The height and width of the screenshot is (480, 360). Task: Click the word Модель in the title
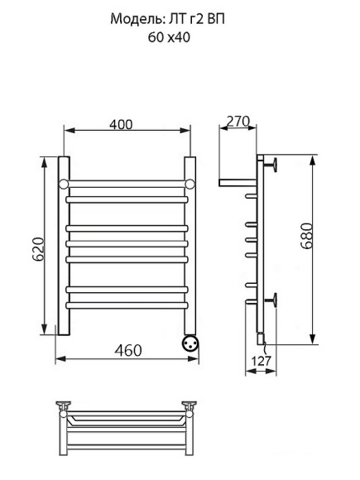[x=133, y=19]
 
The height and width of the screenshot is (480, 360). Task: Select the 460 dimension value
[x=127, y=349]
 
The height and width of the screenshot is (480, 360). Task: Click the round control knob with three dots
[x=189, y=342]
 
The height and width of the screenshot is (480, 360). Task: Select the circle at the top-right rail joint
[x=190, y=183]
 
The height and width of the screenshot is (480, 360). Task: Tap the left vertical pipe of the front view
[x=62, y=248]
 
